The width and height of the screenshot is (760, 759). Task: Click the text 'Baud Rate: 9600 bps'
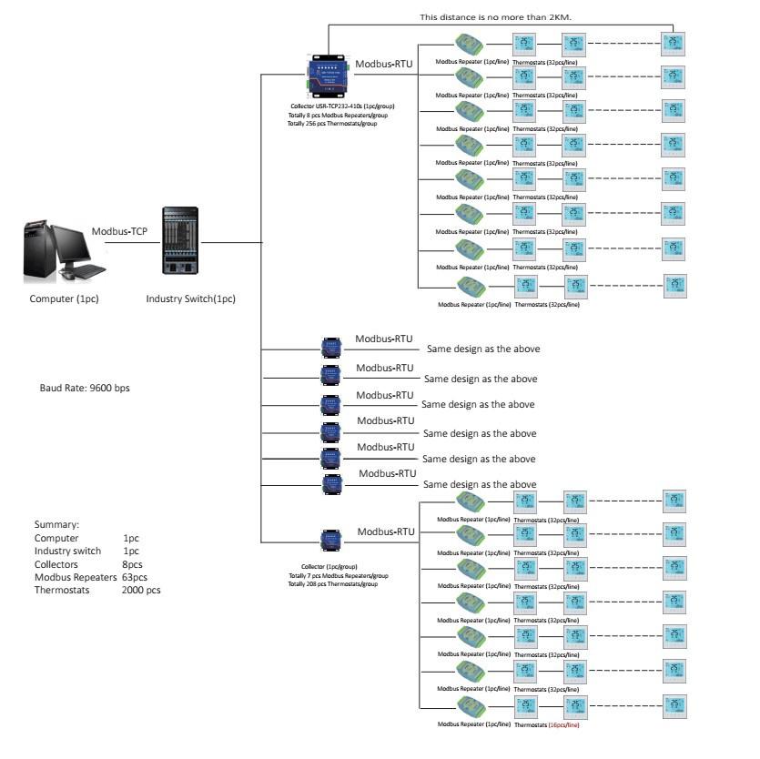tap(85, 388)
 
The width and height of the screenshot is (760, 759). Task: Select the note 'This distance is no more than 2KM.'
tap(495, 16)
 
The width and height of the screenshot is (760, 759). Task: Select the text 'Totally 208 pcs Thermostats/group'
tap(334, 583)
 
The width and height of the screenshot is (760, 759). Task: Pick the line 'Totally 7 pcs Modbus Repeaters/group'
tap(338, 575)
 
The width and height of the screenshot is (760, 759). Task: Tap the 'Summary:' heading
tap(56, 525)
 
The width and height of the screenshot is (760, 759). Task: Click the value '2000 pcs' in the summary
tap(141, 590)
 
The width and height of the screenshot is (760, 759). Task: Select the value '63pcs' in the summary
tap(135, 577)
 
